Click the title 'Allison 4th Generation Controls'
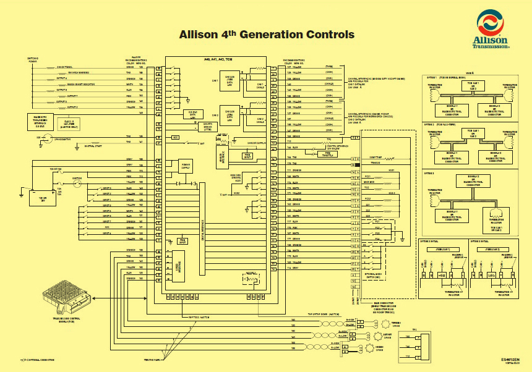click(x=266, y=35)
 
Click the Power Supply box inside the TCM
click(x=186, y=165)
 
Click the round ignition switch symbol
click(x=78, y=182)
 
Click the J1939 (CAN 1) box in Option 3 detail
click(x=442, y=248)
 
